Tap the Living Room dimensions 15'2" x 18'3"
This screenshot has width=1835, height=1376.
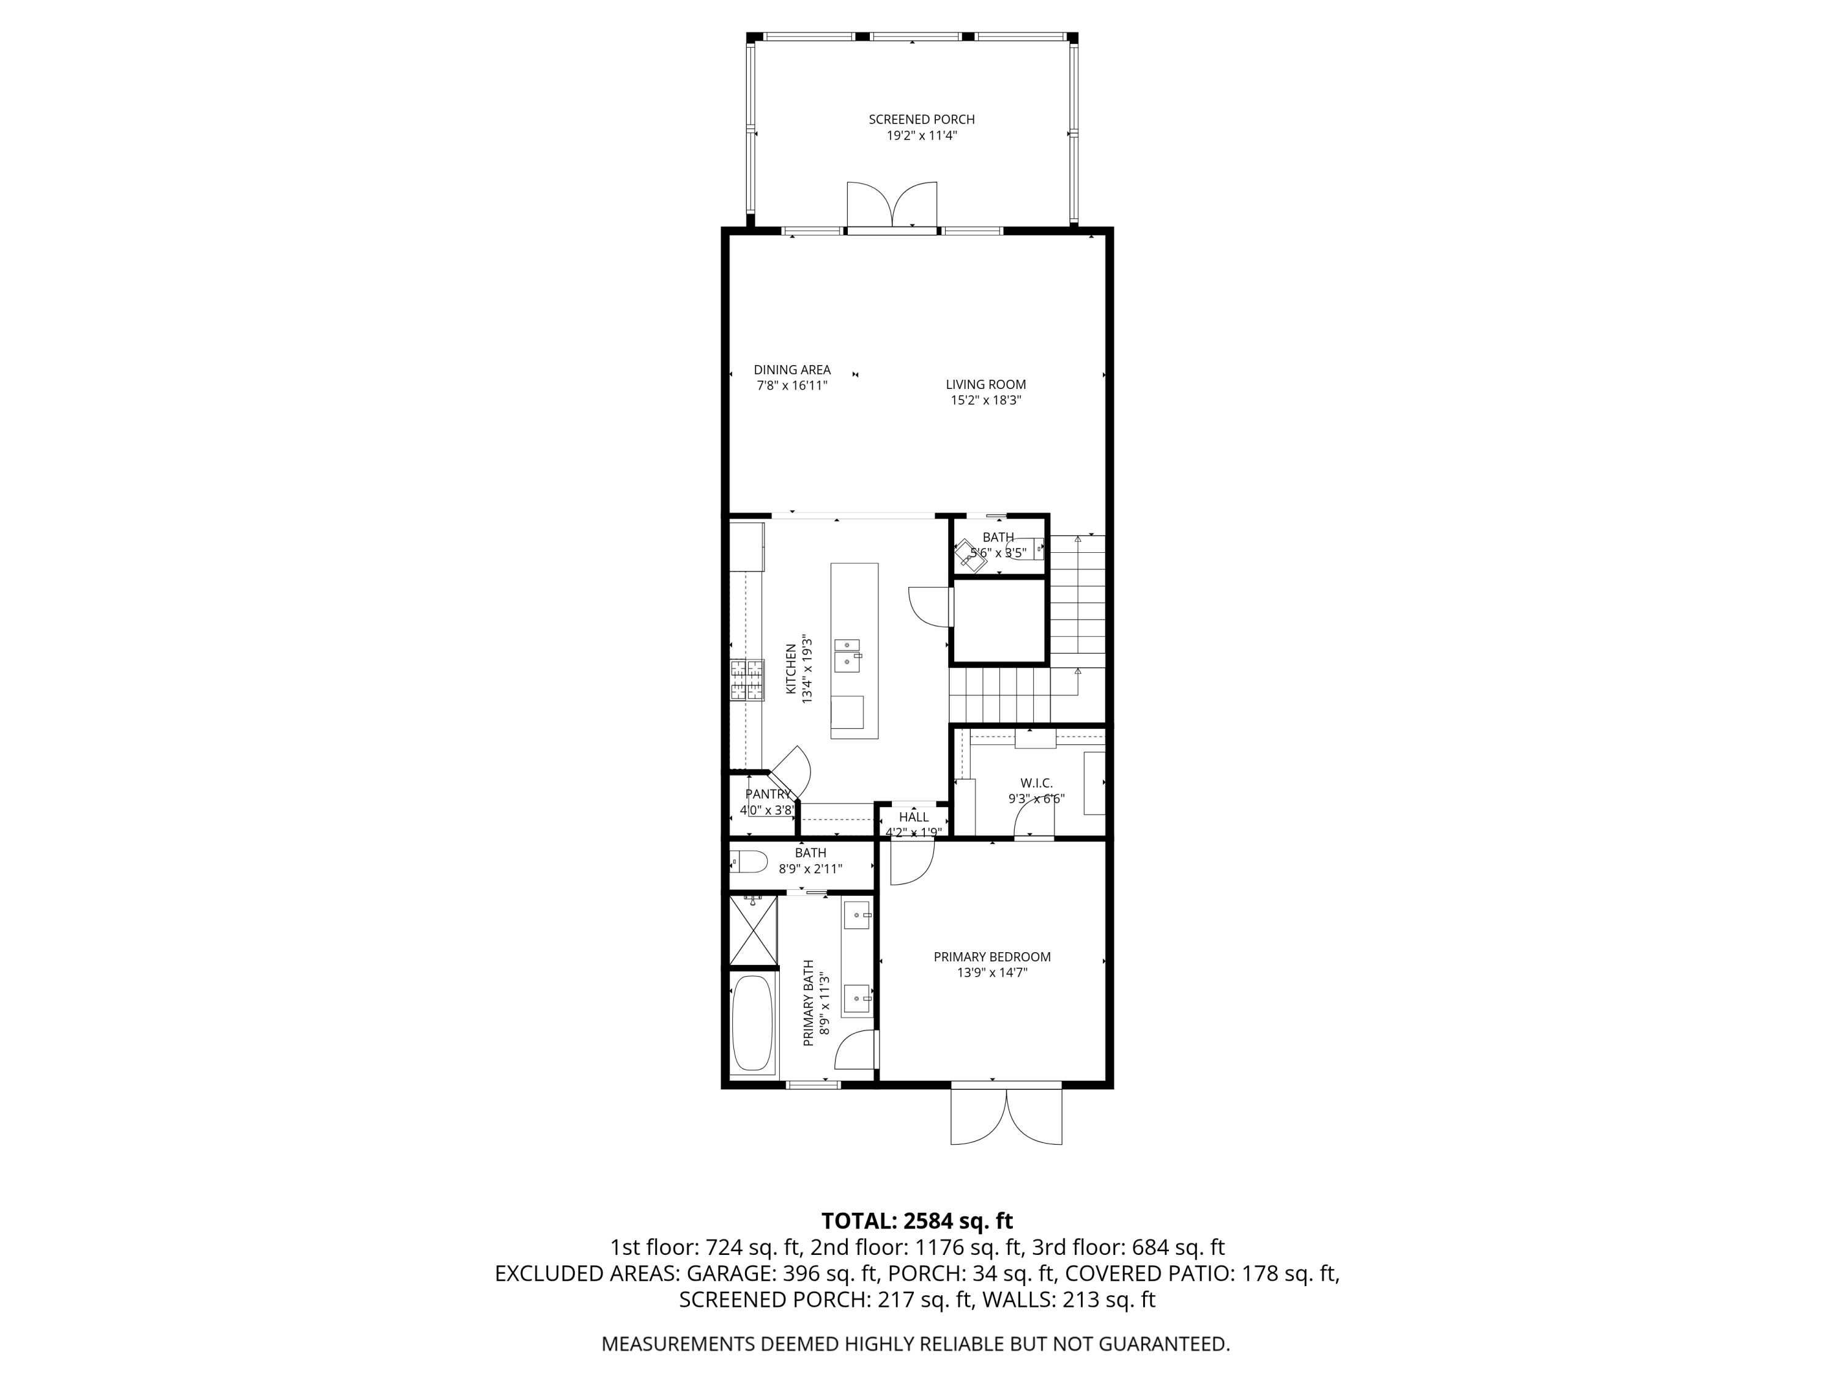[x=985, y=400]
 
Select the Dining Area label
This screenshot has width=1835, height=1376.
[x=791, y=370]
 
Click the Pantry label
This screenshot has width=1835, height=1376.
[x=768, y=794]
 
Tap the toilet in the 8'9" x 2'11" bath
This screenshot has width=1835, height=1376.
[x=747, y=862]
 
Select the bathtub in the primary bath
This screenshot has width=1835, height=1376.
[x=753, y=1023]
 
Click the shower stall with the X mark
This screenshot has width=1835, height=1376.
[x=753, y=930]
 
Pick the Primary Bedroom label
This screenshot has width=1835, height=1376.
[x=992, y=956]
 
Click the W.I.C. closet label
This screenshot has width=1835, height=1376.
[x=1036, y=783]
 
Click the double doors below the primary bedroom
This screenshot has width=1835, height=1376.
[x=1006, y=1115]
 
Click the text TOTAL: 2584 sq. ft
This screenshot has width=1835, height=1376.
[x=917, y=1221]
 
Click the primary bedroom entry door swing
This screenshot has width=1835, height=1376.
[x=911, y=862]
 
